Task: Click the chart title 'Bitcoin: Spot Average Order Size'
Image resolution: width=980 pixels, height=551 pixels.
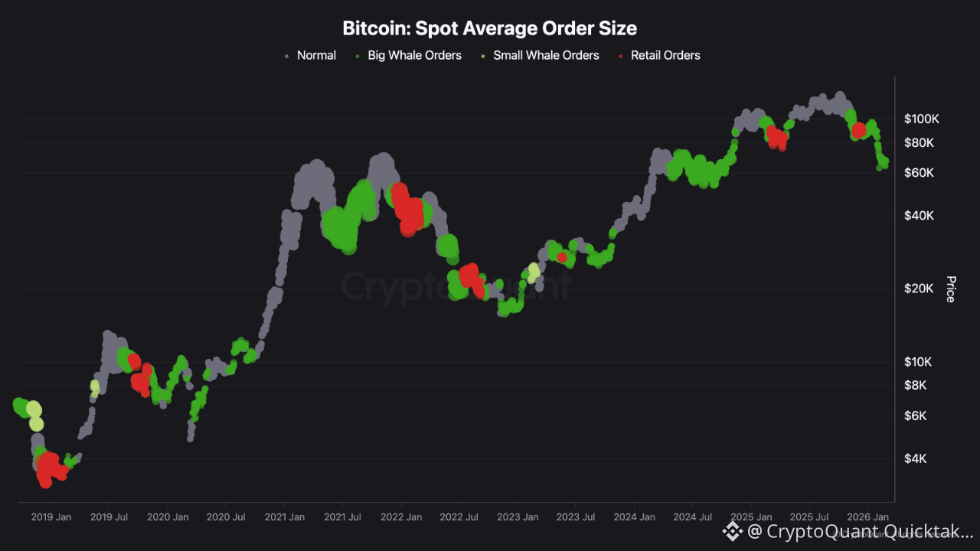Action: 489,29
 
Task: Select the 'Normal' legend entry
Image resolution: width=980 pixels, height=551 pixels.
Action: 316,55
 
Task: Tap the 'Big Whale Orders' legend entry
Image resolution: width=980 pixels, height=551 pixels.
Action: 414,55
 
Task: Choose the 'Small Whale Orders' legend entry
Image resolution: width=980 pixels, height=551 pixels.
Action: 546,55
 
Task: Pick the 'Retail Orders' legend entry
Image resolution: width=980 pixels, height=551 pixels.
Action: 665,55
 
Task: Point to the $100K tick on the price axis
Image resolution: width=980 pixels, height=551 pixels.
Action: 921,119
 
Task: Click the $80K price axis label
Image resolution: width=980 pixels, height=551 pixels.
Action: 919,142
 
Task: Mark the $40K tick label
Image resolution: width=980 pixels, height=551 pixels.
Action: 919,215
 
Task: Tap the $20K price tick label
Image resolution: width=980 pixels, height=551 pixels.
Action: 919,288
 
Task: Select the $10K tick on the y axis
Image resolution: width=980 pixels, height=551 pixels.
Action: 919,361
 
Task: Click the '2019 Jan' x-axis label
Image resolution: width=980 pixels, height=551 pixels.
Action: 51,517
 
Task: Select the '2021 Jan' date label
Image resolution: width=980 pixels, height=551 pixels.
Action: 284,517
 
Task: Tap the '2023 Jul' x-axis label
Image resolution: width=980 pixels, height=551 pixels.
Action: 576,517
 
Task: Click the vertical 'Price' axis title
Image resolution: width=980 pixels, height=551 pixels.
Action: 950,289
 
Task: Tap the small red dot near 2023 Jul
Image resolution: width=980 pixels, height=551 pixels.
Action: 562,257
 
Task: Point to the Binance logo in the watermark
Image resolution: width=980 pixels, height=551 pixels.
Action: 733,530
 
